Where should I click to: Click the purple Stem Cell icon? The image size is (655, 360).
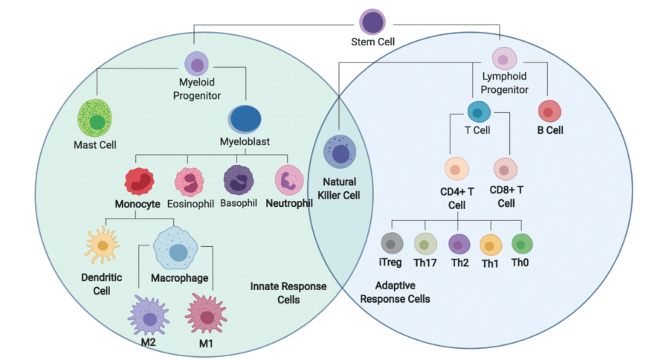372,21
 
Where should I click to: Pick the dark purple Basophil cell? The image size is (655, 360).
239,181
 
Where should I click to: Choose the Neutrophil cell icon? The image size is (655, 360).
288,181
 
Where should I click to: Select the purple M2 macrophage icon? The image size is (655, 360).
149,316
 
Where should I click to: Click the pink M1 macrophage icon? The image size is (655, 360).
206,315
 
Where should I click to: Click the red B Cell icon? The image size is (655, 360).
549,112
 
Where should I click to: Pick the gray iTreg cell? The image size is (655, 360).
392,243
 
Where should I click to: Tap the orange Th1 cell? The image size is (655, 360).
491,245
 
